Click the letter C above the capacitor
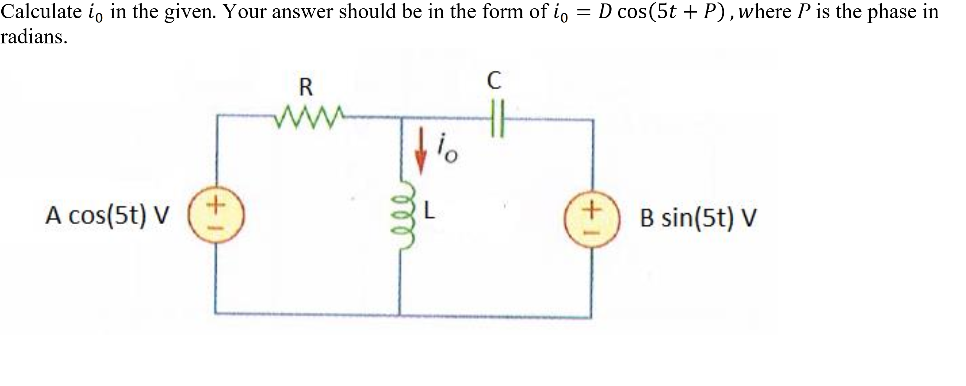pyautogui.click(x=494, y=81)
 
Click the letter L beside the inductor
pyautogui.click(x=428, y=211)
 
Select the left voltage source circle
pyautogui.click(x=217, y=216)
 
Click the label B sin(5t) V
pyautogui.click(x=698, y=218)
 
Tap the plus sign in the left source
pyautogui.click(x=216, y=203)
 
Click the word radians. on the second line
pyautogui.click(x=34, y=37)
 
